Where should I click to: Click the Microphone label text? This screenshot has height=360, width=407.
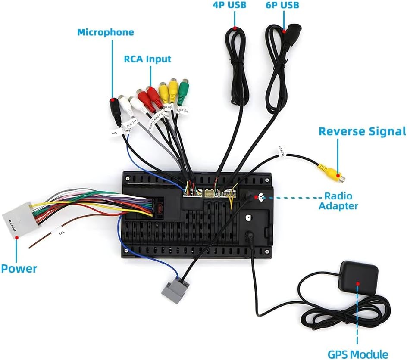(x=106, y=32)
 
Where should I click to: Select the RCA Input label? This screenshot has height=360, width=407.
(x=147, y=59)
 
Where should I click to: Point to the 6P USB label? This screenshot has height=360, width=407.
(x=282, y=6)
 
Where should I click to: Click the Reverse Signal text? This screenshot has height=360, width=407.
(x=362, y=131)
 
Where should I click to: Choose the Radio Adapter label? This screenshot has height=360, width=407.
(x=338, y=201)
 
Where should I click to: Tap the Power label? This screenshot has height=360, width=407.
(x=19, y=269)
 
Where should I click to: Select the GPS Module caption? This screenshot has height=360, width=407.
(x=358, y=354)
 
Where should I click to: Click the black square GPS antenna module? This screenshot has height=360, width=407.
(x=359, y=276)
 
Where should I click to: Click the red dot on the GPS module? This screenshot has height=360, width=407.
(x=357, y=283)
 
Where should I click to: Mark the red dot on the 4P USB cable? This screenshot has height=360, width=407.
(x=235, y=28)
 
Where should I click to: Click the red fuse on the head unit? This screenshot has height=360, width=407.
(x=160, y=210)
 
